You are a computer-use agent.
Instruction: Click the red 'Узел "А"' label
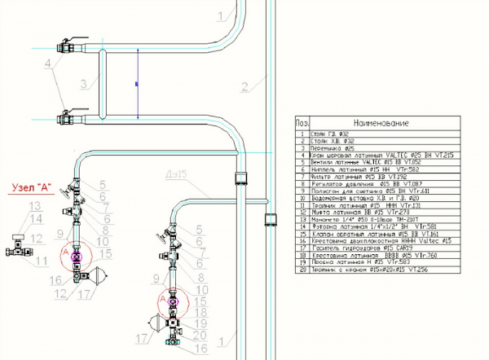tap(31, 187)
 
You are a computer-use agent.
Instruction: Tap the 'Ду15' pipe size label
tap(170, 174)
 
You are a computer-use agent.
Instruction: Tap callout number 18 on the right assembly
tap(202, 312)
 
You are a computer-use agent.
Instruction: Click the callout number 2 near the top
tap(243, 85)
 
